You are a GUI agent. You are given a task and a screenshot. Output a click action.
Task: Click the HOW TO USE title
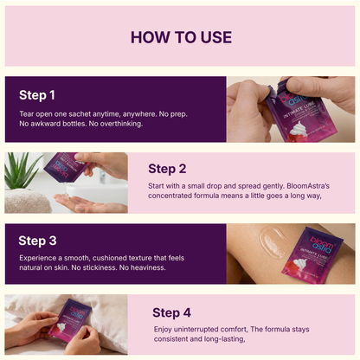click(180, 36)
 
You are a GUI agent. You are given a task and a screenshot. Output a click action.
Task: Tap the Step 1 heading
click(37, 94)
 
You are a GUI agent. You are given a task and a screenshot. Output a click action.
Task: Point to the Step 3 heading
click(37, 241)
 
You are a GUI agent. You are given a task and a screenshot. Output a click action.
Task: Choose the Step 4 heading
click(172, 312)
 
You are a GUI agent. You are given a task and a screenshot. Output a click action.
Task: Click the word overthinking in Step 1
click(115, 123)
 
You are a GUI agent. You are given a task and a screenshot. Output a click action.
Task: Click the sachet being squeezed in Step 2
click(65, 164)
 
